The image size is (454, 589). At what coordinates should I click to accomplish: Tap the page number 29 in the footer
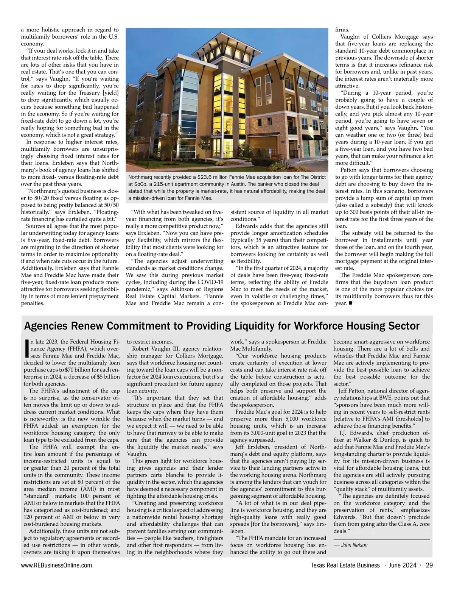(429, 565)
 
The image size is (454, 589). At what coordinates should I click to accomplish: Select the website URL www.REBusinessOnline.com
(57, 565)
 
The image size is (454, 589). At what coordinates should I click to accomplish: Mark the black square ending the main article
(350, 303)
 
